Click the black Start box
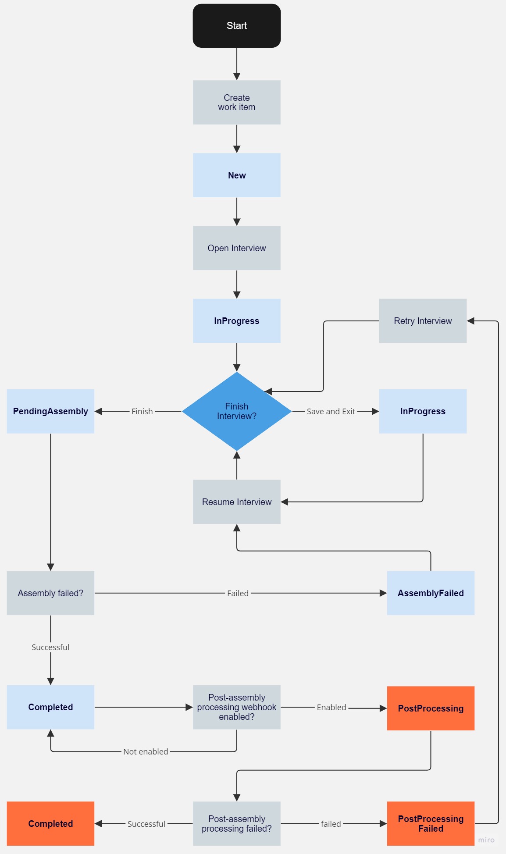coord(237,26)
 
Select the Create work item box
coord(237,102)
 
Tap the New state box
coord(237,175)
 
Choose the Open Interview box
coord(237,248)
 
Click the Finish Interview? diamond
coord(237,411)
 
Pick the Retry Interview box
coord(423,321)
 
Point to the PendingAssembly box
coord(50,411)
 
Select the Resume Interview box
coord(237,502)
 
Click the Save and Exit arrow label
coord(331,412)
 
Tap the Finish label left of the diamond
coord(142,412)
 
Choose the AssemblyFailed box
coord(431,593)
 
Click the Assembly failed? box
coord(50,593)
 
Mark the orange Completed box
coord(50,824)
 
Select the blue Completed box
coord(50,707)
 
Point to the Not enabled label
coord(146,752)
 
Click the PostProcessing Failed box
coord(431,824)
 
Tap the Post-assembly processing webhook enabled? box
coord(237,707)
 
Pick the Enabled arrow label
coord(331,708)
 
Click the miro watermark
coord(486,840)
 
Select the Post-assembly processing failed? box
coord(237,824)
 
